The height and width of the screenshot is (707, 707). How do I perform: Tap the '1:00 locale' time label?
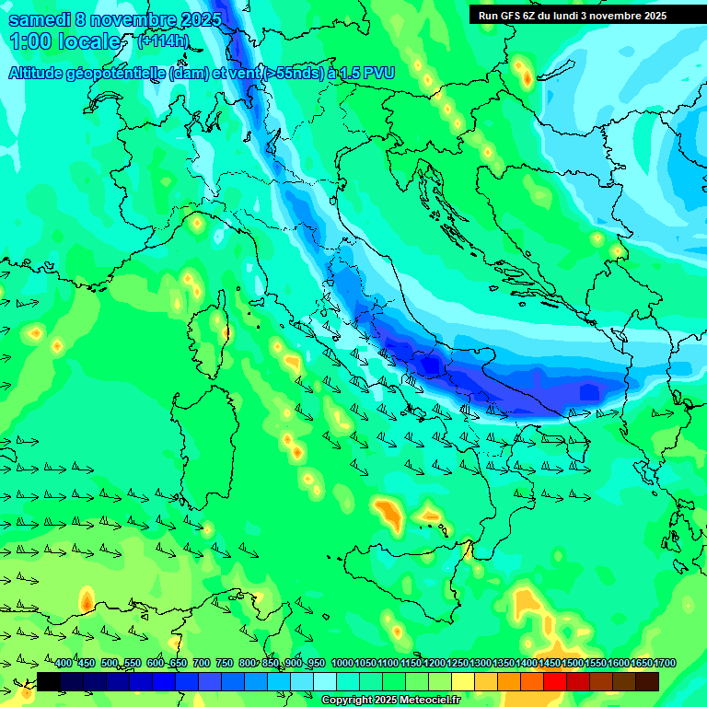[x=66, y=41]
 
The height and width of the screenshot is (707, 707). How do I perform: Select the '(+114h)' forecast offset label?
[x=165, y=41]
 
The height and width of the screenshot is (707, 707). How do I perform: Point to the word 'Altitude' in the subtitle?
[x=41, y=73]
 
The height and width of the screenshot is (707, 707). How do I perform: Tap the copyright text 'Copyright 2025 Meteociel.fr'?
[x=390, y=701]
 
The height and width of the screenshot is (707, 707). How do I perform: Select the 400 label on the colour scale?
[x=64, y=664]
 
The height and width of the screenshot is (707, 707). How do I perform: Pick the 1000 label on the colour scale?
[x=342, y=664]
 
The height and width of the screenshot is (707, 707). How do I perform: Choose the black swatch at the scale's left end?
[x=49, y=681]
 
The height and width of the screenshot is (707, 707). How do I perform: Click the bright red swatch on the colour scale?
[x=555, y=681]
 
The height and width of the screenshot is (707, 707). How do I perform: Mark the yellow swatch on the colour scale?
[x=463, y=681]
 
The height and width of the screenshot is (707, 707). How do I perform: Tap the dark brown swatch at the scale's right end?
[x=647, y=681]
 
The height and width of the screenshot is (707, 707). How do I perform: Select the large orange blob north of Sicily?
[x=388, y=515]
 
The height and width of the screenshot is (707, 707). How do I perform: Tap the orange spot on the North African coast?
[x=86, y=600]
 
